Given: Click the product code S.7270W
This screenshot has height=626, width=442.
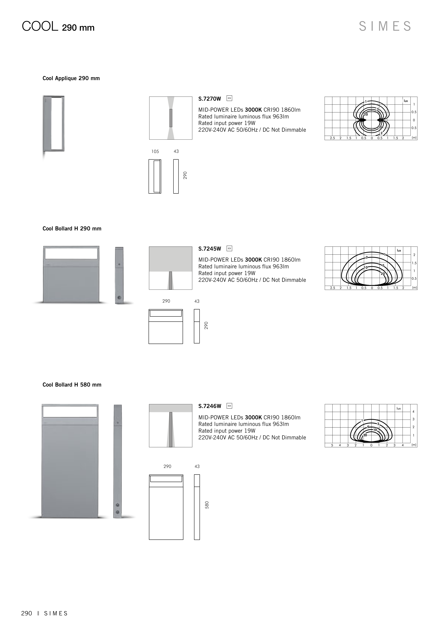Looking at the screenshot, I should [x=209, y=99].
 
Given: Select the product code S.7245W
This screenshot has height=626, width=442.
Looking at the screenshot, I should [x=209, y=249].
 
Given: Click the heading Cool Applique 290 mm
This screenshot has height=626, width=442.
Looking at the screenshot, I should [x=71, y=78].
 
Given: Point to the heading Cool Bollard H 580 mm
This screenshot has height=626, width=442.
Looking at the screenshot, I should [x=72, y=385].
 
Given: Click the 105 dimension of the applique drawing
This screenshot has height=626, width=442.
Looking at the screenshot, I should [x=155, y=151].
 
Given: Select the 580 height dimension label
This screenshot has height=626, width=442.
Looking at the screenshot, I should [x=207, y=505].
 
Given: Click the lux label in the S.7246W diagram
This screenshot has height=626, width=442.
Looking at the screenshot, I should [x=399, y=408].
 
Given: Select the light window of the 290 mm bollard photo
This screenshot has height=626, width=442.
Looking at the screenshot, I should [x=71, y=253].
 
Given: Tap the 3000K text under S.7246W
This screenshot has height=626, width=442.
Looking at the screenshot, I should [x=253, y=417].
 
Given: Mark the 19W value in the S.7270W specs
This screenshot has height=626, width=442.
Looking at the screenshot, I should [x=250, y=123].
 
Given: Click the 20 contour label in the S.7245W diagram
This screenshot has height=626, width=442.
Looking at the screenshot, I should [x=383, y=273].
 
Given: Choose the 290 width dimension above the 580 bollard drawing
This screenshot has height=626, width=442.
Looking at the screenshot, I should [x=167, y=466].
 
